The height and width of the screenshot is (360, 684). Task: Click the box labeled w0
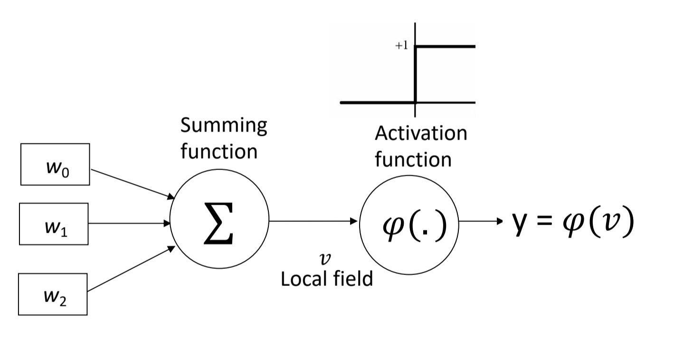click(x=55, y=164)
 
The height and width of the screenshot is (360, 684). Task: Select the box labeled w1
click(x=54, y=224)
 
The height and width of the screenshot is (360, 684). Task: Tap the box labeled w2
click(x=53, y=294)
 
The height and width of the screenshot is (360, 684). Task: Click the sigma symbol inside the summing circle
click(x=219, y=223)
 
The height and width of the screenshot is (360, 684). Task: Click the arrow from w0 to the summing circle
click(x=132, y=183)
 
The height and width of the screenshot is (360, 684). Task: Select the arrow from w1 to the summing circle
click(x=129, y=223)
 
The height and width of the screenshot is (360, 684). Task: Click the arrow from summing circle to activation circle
click(x=313, y=221)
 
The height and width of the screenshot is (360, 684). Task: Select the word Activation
click(x=421, y=133)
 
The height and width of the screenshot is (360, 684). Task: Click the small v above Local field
click(x=325, y=259)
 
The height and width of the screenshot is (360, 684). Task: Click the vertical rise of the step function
click(x=416, y=74)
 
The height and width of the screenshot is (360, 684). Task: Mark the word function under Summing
click(x=219, y=152)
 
